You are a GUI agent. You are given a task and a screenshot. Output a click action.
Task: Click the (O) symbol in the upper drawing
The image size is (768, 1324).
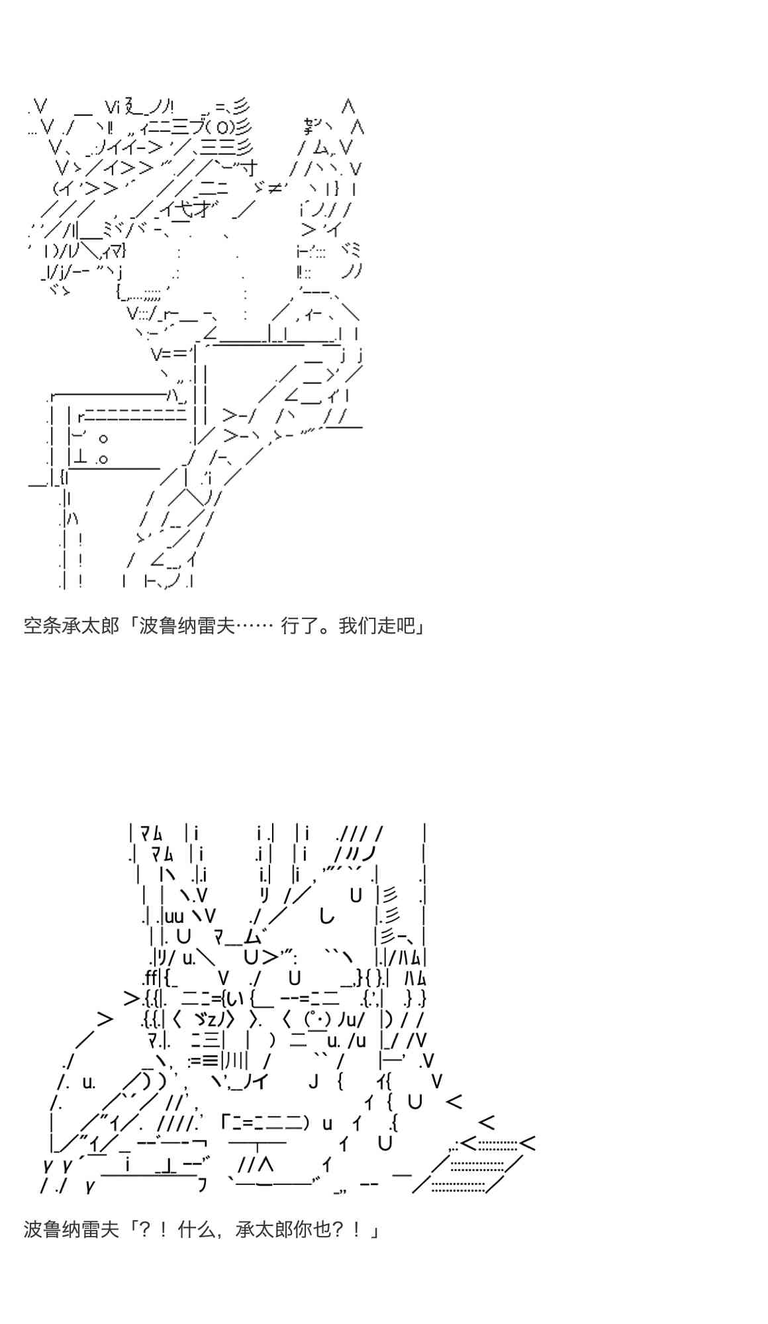(x=218, y=127)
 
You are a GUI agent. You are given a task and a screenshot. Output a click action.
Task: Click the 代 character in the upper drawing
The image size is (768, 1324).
(x=186, y=211)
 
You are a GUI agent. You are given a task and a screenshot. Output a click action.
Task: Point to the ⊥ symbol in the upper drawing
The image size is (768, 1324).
(x=81, y=457)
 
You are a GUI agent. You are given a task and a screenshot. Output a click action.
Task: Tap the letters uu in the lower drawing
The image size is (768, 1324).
(x=173, y=917)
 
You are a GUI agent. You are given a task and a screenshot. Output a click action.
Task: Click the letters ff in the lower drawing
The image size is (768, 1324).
(x=150, y=977)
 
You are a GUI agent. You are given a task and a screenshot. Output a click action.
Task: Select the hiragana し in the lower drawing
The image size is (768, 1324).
(x=326, y=917)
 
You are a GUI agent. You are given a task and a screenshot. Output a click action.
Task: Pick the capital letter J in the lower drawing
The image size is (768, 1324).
(x=314, y=1082)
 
